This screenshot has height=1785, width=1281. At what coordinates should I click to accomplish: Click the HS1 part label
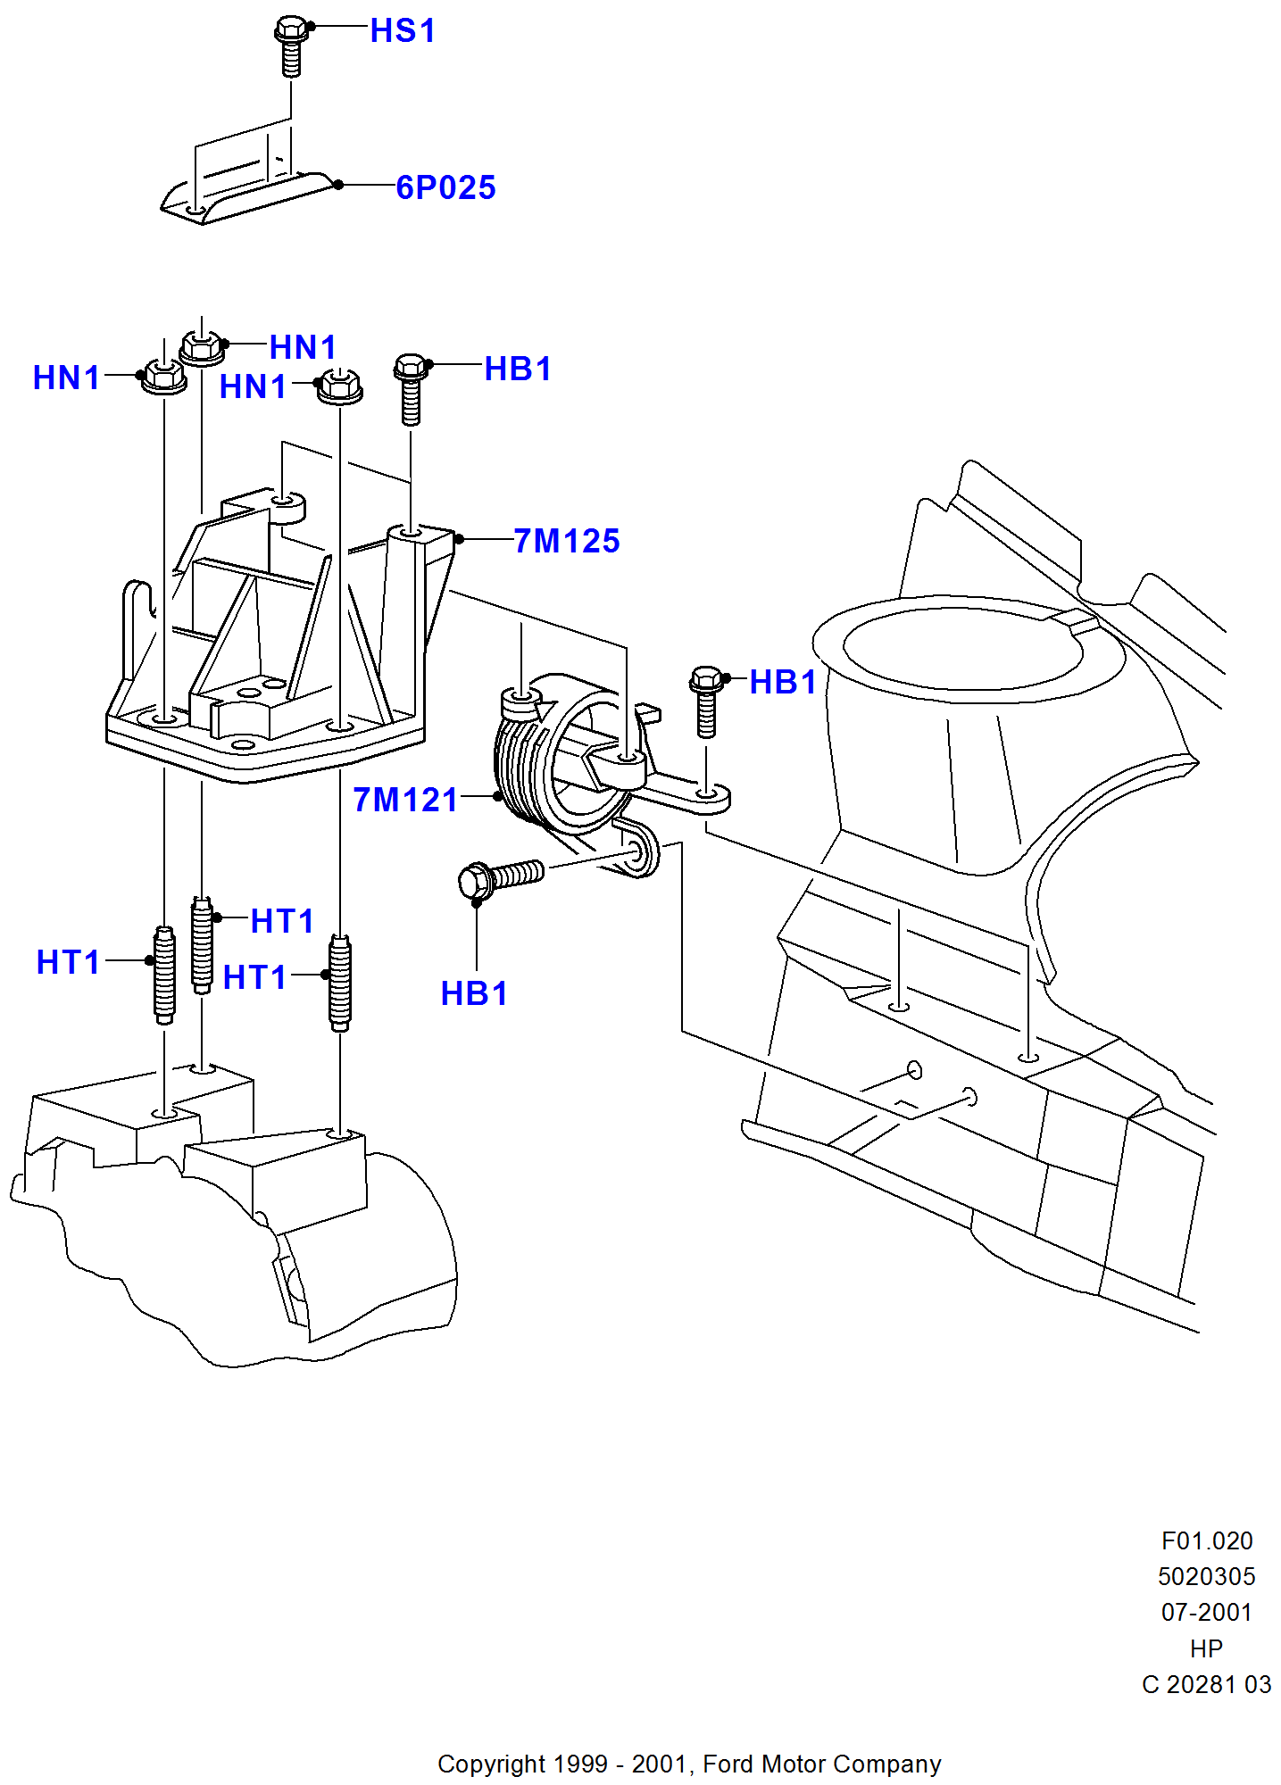403,31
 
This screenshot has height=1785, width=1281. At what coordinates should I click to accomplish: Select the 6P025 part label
445,187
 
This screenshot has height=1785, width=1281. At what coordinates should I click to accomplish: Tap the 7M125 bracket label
567,541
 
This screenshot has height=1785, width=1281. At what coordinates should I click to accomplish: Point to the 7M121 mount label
405,800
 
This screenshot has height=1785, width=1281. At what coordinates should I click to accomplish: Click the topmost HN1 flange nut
202,347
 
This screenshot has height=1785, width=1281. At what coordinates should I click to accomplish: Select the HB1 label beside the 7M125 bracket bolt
518,369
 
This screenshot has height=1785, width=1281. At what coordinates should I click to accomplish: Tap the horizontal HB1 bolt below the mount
501,877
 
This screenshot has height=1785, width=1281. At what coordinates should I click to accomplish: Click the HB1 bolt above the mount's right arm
706,702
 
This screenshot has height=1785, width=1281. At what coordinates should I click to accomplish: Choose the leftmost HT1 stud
164,975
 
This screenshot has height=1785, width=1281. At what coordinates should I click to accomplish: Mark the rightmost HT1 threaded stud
340,983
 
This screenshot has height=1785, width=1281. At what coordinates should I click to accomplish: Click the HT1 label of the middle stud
282,921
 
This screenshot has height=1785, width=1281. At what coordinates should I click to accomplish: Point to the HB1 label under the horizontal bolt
474,993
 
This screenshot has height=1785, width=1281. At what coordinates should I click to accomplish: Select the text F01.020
1207,1540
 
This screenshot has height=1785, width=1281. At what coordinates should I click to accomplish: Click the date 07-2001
1207,1612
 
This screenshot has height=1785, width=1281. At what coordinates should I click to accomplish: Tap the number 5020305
1207,1576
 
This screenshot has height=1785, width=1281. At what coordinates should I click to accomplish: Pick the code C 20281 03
1207,1684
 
